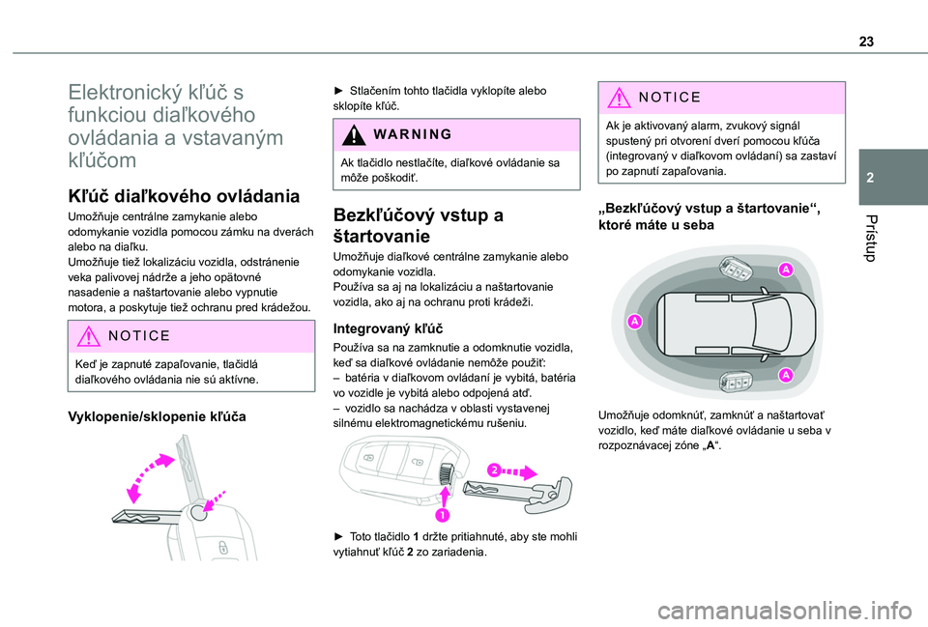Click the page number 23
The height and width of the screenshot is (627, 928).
[866, 42]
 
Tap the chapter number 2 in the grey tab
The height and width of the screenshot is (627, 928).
[870, 178]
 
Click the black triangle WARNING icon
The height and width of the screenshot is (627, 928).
[354, 135]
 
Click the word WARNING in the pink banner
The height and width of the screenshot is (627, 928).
[413, 134]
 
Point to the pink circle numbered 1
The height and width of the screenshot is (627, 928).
[442, 515]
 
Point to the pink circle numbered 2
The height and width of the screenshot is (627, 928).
[494, 470]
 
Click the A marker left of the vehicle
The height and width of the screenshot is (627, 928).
[634, 321]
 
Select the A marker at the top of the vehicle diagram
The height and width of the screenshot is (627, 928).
[785, 270]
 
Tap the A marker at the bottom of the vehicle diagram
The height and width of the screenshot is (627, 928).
[785, 375]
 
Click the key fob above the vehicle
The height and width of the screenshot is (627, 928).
[735, 269]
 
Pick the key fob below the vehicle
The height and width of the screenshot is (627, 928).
[735, 380]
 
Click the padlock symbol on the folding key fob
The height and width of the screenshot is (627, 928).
[222, 547]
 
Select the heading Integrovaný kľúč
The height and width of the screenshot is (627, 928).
[388, 328]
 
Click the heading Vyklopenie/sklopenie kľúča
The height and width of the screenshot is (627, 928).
[157, 416]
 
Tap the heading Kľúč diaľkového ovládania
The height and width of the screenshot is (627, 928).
[184, 196]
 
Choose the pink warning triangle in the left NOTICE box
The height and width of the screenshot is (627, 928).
[88, 336]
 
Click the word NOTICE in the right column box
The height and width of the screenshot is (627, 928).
[669, 97]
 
